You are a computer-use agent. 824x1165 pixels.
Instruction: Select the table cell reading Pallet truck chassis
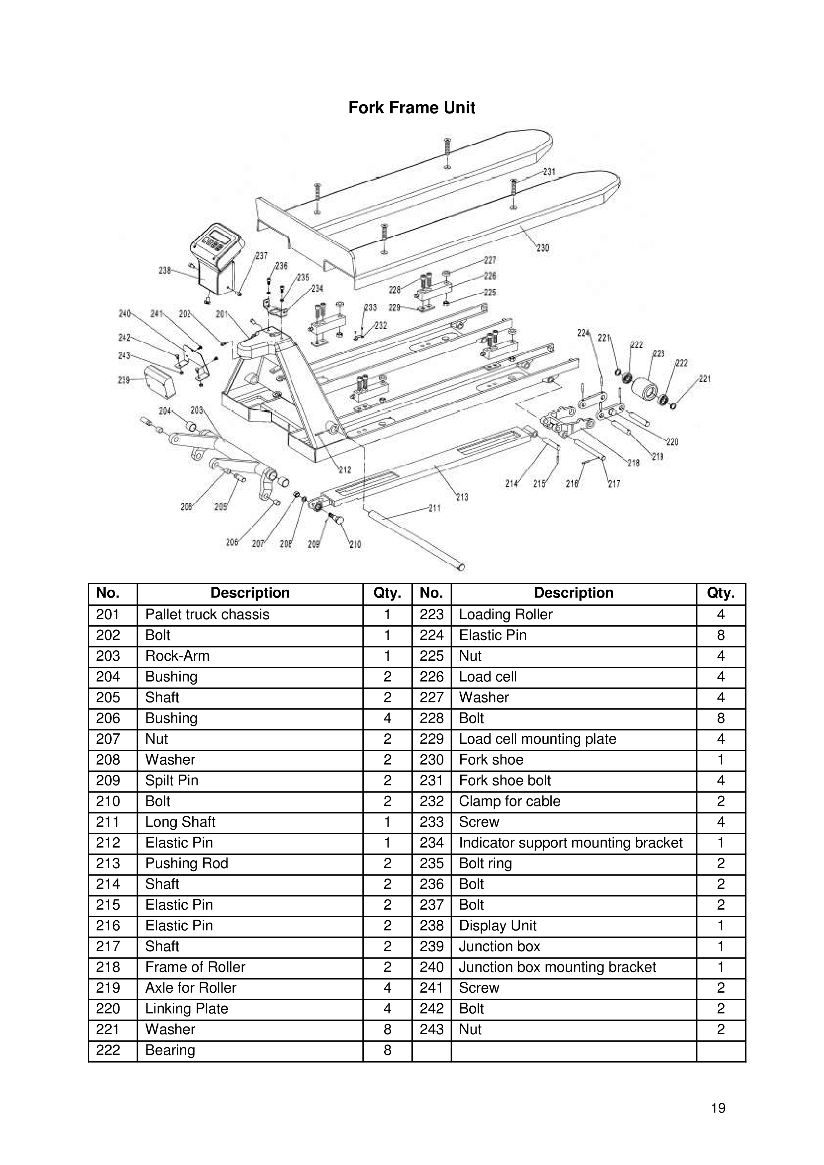click(x=207, y=615)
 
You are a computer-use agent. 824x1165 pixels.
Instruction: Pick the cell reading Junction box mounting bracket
click(x=557, y=967)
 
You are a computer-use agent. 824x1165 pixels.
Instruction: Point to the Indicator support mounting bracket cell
click(x=570, y=843)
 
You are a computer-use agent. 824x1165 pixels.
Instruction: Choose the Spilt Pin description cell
click(x=172, y=781)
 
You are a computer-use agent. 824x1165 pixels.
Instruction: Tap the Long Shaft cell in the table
click(x=180, y=822)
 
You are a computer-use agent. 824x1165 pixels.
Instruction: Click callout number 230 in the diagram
click(x=542, y=248)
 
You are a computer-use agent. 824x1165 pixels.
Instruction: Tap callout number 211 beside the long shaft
click(x=435, y=508)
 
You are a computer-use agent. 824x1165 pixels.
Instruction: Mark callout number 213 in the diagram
click(x=462, y=497)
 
